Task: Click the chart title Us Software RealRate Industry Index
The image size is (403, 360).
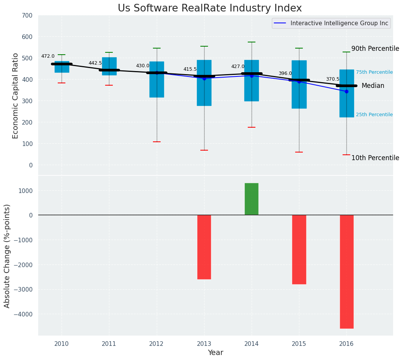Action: [210, 8]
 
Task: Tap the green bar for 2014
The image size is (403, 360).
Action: [252, 199]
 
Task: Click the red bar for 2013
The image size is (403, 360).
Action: [204, 247]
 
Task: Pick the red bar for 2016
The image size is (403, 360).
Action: [346, 271]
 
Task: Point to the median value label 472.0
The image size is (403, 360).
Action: [48, 56]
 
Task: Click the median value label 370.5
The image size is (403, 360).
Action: [333, 79]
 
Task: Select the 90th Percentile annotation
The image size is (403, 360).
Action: [375, 49]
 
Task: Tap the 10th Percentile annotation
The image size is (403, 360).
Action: [375, 158]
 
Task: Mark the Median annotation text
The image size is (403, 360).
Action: [373, 86]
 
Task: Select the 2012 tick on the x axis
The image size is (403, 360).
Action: [156, 344]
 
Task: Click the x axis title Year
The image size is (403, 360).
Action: [216, 353]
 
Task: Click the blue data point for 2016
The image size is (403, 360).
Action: [346, 91]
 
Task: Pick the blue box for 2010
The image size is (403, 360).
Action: [62, 67]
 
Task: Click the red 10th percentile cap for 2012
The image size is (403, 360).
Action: [157, 142]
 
